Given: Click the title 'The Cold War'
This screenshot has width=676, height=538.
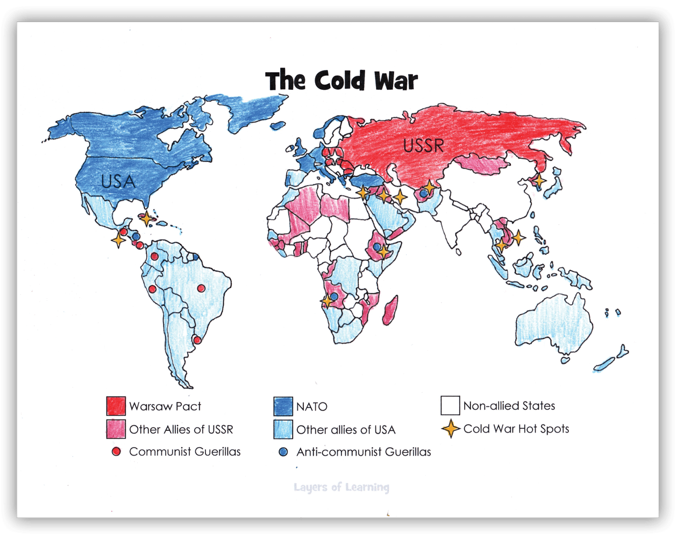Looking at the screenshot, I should pyautogui.click(x=341, y=81).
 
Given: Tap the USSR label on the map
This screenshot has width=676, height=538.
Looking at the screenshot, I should pyautogui.click(x=423, y=145).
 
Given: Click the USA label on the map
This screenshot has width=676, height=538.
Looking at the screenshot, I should pyautogui.click(x=118, y=181).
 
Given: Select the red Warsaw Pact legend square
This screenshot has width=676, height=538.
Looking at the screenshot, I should pyautogui.click(x=116, y=406).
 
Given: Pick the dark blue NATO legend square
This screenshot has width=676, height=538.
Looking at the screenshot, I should pyautogui.click(x=283, y=406).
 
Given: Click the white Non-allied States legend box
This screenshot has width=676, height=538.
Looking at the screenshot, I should pyautogui.click(x=450, y=406).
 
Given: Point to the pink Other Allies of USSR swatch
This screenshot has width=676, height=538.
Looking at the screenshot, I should pyautogui.click(x=116, y=429).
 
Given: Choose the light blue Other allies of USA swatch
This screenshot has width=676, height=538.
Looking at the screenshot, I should pyautogui.click(x=283, y=429).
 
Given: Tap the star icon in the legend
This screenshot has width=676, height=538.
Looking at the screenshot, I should pyautogui.click(x=451, y=429).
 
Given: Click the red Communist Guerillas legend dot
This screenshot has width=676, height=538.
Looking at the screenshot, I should pyautogui.click(x=116, y=451).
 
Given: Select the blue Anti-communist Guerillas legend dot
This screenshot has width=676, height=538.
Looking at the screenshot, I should pyautogui.click(x=283, y=452).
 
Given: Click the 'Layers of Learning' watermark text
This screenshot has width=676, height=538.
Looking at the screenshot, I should pyautogui.click(x=341, y=487).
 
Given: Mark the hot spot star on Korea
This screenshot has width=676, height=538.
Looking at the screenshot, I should pyautogui.click(x=538, y=181).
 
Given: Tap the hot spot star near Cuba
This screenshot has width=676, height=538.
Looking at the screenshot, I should pyautogui.click(x=146, y=218).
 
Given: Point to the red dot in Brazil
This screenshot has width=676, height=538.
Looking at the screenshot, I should pyautogui.click(x=201, y=288).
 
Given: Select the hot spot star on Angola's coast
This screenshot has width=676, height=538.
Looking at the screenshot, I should pyautogui.click(x=326, y=301).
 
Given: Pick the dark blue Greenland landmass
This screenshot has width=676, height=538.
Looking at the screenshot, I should pyautogui.click(x=247, y=110).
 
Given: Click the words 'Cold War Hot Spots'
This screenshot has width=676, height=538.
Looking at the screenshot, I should pyautogui.click(x=516, y=429).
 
